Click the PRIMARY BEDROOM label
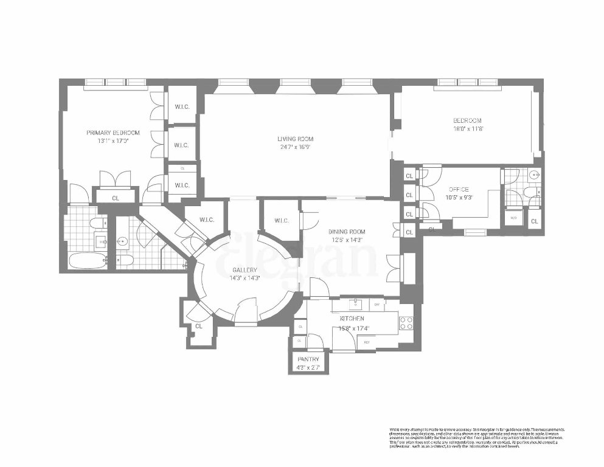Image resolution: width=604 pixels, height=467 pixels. click(113, 133)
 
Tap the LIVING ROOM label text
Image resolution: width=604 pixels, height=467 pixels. click(296, 139)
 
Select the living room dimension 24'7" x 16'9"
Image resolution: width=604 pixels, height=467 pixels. click(296, 147)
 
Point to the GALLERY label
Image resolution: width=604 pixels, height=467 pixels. click(245, 269)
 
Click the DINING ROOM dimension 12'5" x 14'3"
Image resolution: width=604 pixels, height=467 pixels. click(346, 239)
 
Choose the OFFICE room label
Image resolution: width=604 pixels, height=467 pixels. click(460, 189)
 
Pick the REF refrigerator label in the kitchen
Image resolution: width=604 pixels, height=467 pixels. click(367, 342)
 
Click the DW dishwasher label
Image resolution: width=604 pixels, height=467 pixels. click(377, 303)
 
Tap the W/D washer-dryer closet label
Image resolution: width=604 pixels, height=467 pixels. click(513, 218)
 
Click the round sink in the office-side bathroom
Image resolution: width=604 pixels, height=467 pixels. click(533, 176)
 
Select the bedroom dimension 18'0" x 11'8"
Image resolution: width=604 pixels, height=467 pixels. click(467, 128)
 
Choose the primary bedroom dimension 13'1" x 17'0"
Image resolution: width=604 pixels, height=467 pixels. click(113, 140)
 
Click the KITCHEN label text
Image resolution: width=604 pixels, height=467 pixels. click(352, 318)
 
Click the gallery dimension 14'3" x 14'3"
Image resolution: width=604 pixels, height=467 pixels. click(245, 277)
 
